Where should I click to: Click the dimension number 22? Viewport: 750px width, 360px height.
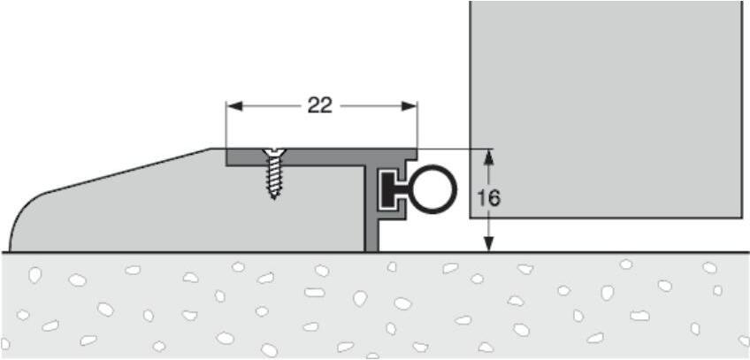[x=319, y=105]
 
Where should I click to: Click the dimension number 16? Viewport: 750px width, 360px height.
[x=488, y=198]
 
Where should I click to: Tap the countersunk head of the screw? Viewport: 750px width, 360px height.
[x=273, y=153]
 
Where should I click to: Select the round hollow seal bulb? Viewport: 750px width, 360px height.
[x=434, y=190]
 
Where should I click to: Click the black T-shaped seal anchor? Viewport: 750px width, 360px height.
[x=389, y=190]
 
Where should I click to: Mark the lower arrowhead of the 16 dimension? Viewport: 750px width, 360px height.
[x=488, y=245]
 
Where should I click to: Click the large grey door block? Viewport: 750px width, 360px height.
[x=605, y=106]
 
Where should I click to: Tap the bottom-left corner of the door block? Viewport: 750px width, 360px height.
[x=471, y=217]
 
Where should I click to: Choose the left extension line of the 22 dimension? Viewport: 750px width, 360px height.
[x=227, y=124]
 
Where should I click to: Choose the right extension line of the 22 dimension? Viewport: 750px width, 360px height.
[x=417, y=124]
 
